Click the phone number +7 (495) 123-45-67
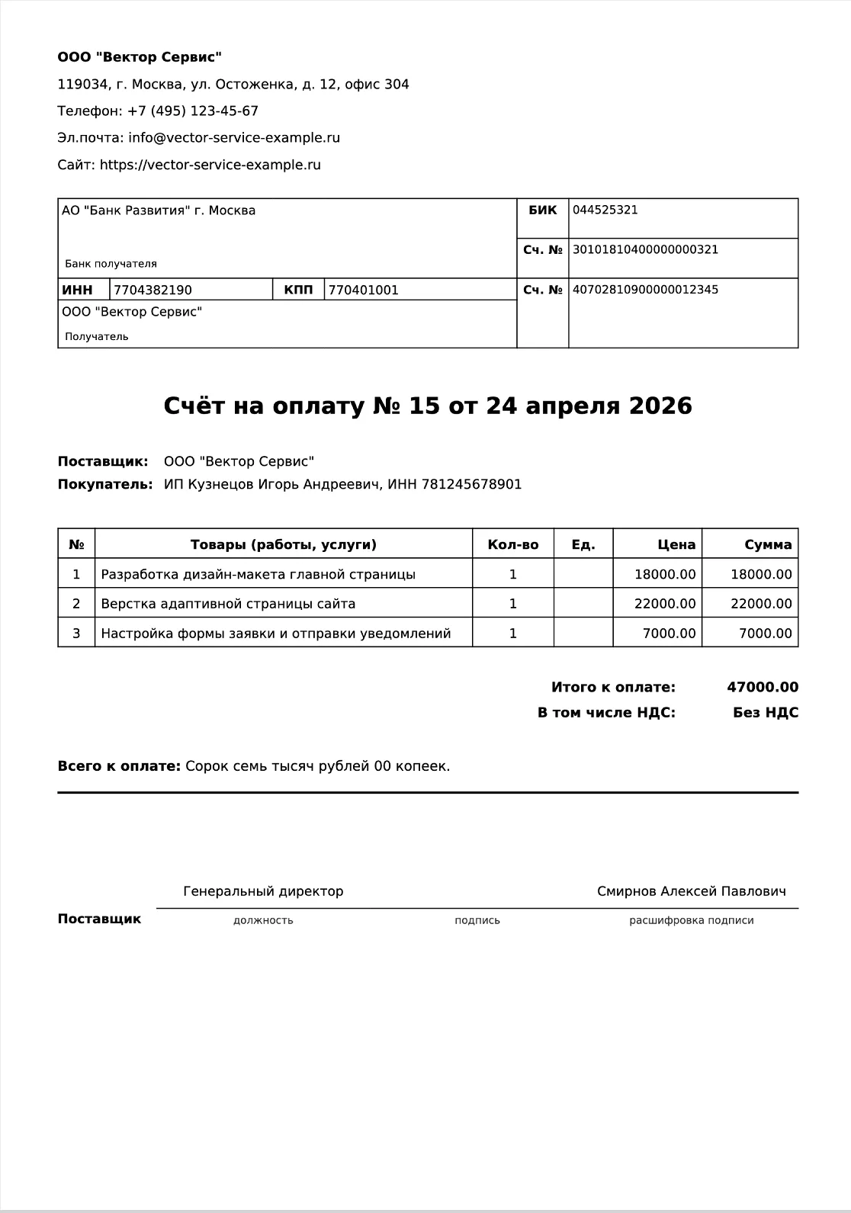coord(192,111)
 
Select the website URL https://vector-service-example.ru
coord(210,165)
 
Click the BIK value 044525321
coord(605,210)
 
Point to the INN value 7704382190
coord(153,290)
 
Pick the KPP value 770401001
coord(363,290)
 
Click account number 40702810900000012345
coord(645,290)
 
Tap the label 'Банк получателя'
coord(111,264)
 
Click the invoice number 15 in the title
coord(424,406)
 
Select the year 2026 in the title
coord(660,406)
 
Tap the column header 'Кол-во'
coord(512,545)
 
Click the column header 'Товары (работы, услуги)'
coord(283,545)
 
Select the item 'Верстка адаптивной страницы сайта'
coord(228,604)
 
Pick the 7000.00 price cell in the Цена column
coord(669,634)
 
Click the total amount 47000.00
coord(762,688)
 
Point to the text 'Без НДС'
coord(765,713)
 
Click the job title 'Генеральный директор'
coord(263,891)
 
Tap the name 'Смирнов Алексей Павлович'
coord(691,891)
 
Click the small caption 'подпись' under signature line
coord(477,920)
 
